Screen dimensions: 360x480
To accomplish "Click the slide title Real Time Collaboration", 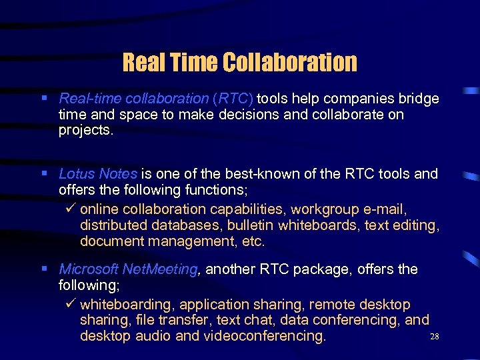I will click(240, 62).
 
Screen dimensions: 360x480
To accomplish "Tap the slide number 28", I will click(435, 337).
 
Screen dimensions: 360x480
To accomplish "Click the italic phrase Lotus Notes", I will click(98, 174).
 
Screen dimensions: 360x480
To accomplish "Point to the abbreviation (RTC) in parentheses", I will click(233, 99).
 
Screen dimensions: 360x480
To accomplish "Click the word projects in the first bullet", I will click(85, 130).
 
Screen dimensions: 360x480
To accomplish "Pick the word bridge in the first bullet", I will click(419, 99).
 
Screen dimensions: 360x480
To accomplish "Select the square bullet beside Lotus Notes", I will click(44, 173).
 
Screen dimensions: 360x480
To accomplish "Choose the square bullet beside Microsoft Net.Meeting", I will click(44, 269).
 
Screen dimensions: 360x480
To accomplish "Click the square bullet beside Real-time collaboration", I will click(44, 98).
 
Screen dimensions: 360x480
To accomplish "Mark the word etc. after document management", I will click(254, 241).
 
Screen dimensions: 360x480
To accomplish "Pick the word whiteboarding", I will click(126, 305).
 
